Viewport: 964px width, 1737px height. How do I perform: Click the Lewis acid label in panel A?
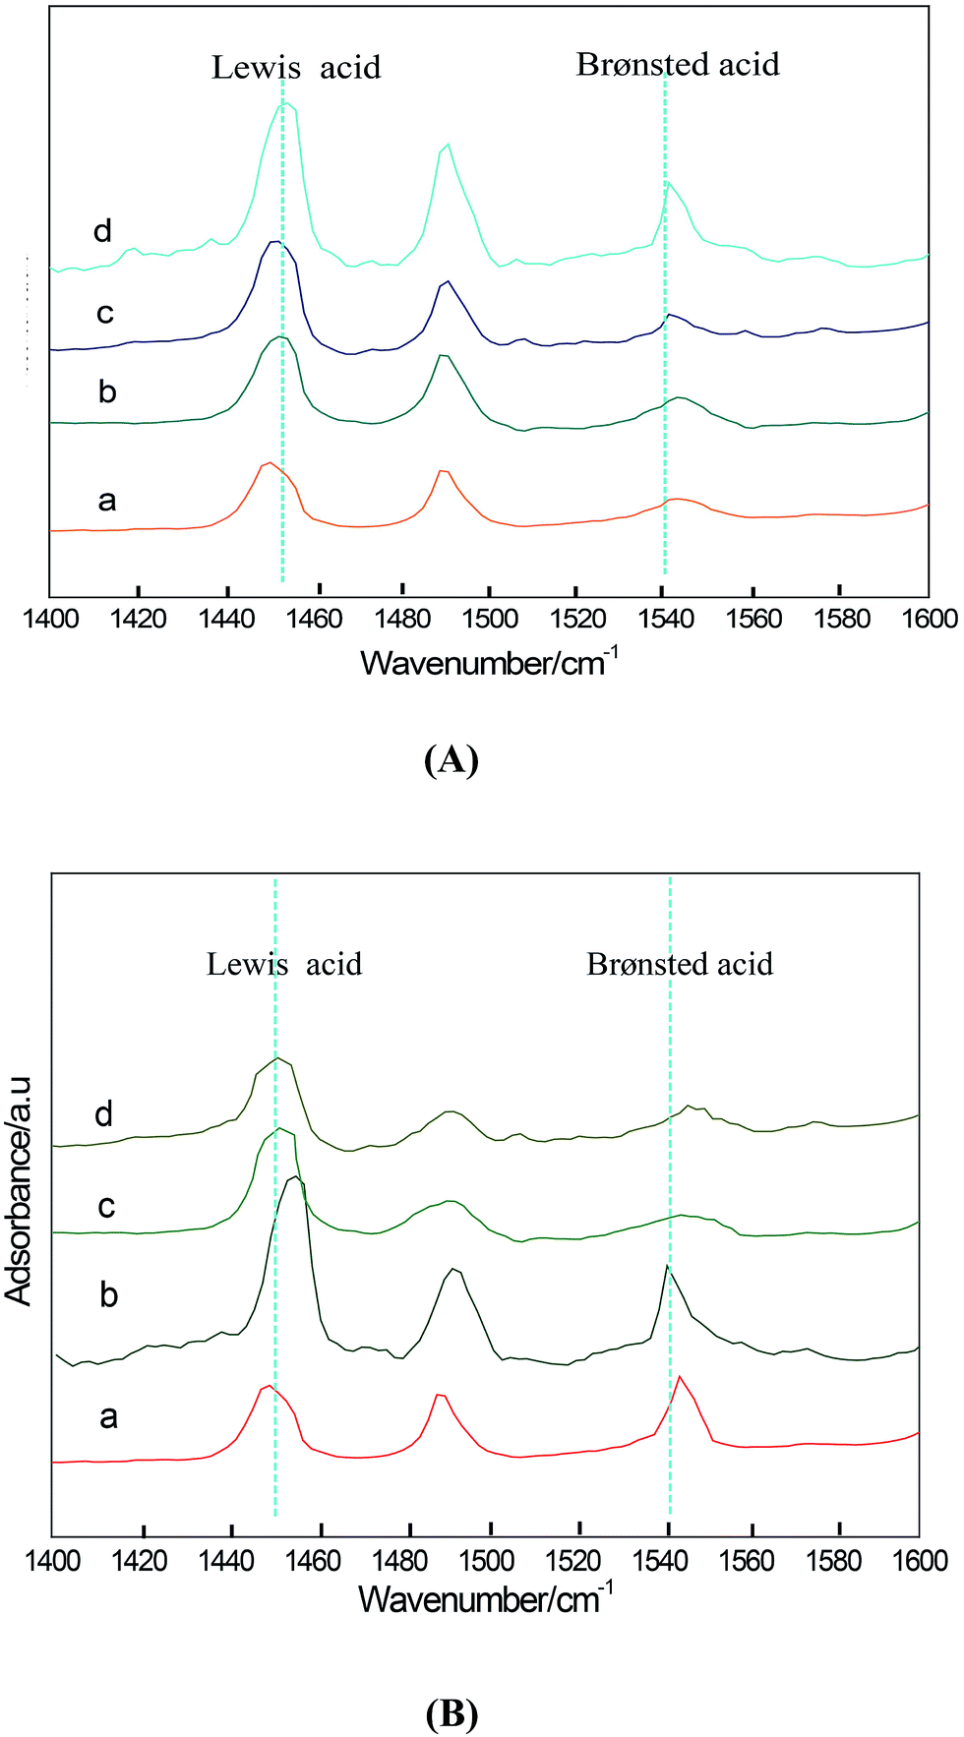(x=296, y=67)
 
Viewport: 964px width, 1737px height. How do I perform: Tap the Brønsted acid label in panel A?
(x=678, y=65)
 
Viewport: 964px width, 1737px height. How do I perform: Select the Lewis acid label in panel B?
(x=284, y=964)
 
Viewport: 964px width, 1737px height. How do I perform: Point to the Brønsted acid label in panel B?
(x=680, y=964)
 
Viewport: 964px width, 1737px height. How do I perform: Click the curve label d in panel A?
(x=103, y=231)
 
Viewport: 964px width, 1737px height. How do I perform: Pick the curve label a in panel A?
(x=107, y=501)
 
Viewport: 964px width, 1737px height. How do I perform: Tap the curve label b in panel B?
(x=108, y=1294)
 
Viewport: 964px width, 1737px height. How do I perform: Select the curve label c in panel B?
(x=107, y=1206)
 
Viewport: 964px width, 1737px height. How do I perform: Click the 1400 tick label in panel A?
(x=49, y=619)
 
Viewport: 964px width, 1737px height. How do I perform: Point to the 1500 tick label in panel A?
(x=489, y=619)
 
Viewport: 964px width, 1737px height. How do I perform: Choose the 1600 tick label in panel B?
(x=919, y=1560)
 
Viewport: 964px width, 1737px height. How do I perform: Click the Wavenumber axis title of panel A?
(x=489, y=662)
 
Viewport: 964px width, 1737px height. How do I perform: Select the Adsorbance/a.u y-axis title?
(x=20, y=1190)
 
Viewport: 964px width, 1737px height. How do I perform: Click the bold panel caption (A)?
(x=451, y=760)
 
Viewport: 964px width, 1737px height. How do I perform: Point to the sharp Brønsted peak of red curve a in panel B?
(x=680, y=1377)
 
